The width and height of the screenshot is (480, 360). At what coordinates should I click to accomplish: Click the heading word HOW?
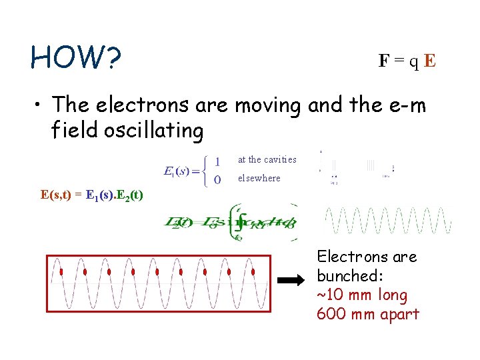click(75, 58)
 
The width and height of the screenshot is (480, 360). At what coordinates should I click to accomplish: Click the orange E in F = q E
click(430, 61)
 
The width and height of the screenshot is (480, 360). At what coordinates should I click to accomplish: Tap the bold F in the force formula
click(384, 61)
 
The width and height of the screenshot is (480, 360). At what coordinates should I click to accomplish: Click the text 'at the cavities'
click(267, 160)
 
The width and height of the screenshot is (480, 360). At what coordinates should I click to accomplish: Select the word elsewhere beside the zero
click(259, 179)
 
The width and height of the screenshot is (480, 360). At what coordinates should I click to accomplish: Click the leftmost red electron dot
click(61, 272)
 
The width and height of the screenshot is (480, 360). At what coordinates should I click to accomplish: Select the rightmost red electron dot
click(253, 272)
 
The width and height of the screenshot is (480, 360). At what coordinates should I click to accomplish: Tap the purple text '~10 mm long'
click(363, 295)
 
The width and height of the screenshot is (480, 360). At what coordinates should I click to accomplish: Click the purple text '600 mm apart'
click(368, 314)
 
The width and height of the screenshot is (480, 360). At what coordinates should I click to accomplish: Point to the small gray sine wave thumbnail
click(387, 221)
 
